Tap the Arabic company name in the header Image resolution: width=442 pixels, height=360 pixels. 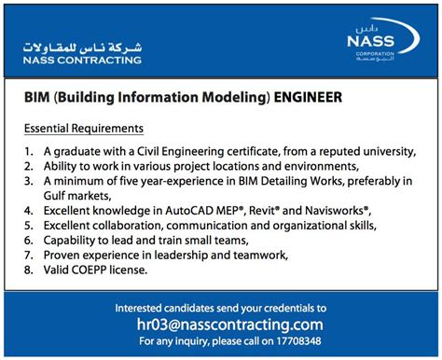click(x=83, y=46)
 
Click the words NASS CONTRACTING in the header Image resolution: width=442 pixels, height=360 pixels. click(x=83, y=61)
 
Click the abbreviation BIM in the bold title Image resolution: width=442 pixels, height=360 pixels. click(x=37, y=97)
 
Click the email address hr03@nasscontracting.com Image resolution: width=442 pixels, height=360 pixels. click(x=220, y=325)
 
